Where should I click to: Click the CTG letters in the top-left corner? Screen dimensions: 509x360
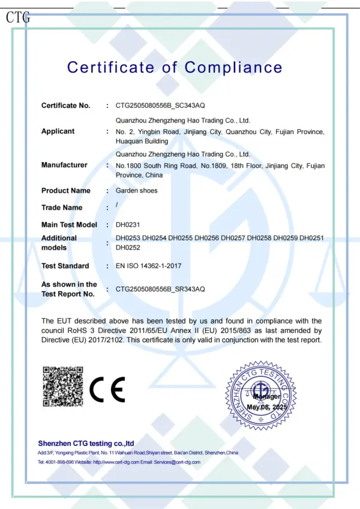[17, 17]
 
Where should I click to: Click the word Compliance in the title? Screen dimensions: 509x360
[233, 67]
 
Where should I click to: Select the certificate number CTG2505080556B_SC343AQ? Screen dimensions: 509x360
[160, 106]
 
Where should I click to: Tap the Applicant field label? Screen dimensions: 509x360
[58, 131]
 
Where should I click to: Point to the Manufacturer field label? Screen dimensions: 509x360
[64, 165]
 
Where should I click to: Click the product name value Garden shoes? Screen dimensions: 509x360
[136, 191]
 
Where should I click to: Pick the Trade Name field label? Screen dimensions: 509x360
[62, 208]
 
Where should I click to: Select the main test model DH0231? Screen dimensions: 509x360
[127, 224]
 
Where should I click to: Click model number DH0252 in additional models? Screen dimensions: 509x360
[128, 247]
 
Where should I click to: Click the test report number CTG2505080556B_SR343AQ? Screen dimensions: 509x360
[160, 289]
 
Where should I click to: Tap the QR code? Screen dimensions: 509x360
[62, 385]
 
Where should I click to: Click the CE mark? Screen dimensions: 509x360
[107, 390]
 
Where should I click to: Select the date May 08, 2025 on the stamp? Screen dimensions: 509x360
[267, 408]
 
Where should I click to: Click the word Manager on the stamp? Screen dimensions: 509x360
[266, 397]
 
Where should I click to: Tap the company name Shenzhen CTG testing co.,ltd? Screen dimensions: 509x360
[86, 443]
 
